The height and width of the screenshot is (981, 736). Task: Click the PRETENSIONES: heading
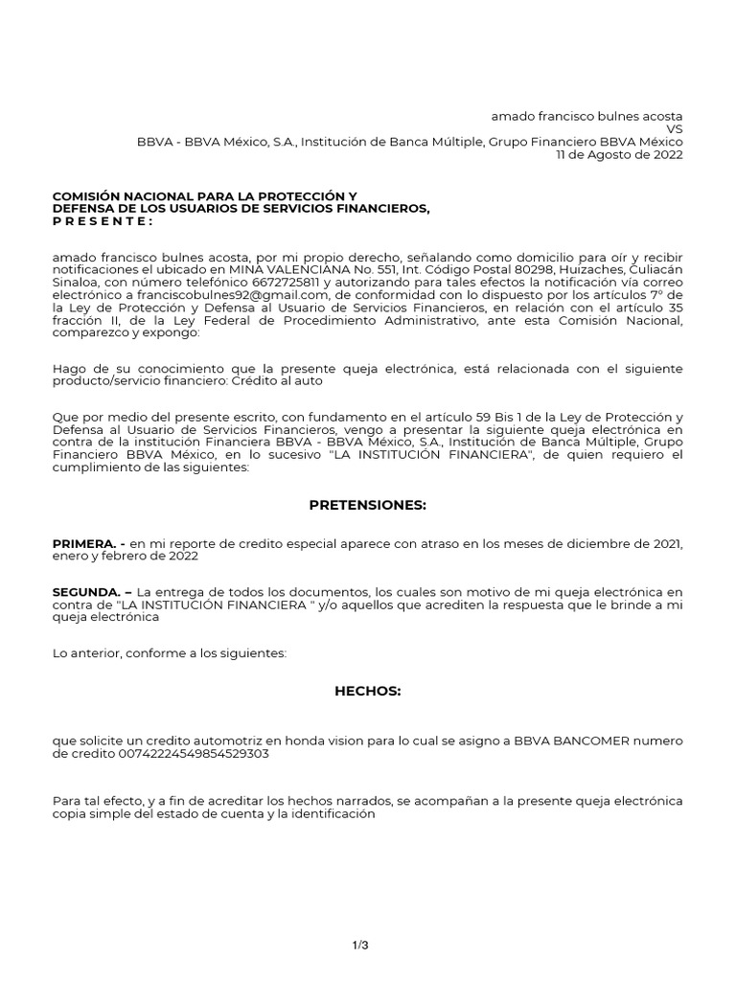click(x=367, y=505)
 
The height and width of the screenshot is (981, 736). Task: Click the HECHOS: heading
click(x=367, y=690)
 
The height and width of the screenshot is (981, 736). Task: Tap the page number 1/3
click(x=360, y=919)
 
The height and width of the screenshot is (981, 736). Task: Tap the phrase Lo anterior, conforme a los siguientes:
click(x=170, y=652)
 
